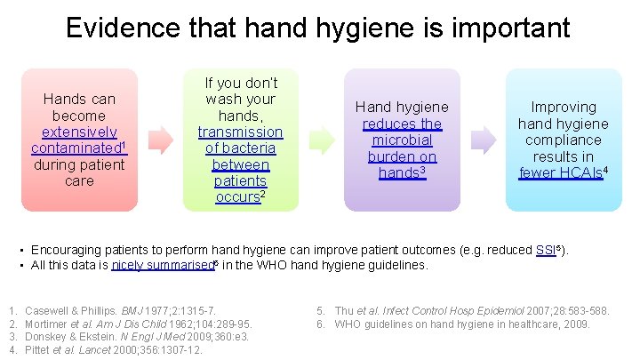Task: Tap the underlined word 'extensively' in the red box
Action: [80, 132]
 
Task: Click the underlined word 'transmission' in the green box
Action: [240, 132]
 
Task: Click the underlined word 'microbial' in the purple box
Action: [402, 140]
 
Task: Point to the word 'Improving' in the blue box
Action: [564, 107]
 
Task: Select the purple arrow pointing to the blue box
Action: [483, 140]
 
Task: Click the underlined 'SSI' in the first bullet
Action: [547, 250]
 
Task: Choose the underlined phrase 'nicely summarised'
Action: [167, 265]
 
